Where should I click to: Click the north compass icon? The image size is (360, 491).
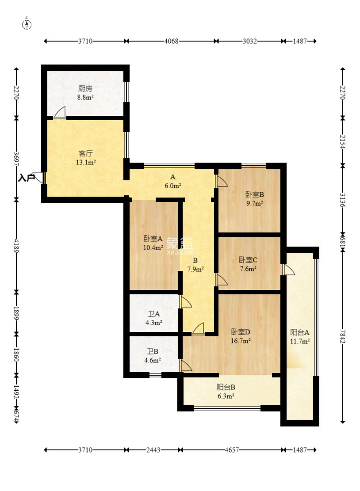click(27, 24)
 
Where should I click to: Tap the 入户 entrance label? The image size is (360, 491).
click(26, 178)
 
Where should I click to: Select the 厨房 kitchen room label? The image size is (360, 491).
click(85, 89)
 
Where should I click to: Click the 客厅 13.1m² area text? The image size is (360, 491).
click(85, 162)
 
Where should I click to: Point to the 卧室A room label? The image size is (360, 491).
click(153, 239)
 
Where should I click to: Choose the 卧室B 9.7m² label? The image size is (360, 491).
click(254, 199)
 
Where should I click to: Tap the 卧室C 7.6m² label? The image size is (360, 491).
click(248, 264)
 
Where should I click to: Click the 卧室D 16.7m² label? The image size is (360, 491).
click(240, 336)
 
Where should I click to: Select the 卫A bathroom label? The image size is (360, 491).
click(154, 314)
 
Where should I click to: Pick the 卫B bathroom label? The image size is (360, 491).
click(153, 351)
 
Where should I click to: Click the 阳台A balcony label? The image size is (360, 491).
click(300, 332)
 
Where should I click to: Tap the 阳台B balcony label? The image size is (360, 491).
click(226, 387)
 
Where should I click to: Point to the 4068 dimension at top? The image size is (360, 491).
click(171, 41)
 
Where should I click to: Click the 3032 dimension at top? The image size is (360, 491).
click(249, 41)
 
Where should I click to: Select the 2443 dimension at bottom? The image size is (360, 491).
click(153, 450)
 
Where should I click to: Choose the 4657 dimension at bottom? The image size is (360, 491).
click(232, 450)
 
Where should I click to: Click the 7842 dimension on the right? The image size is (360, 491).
click(343, 336)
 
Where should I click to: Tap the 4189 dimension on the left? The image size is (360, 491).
click(16, 246)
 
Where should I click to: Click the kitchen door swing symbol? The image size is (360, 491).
click(60, 112)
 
